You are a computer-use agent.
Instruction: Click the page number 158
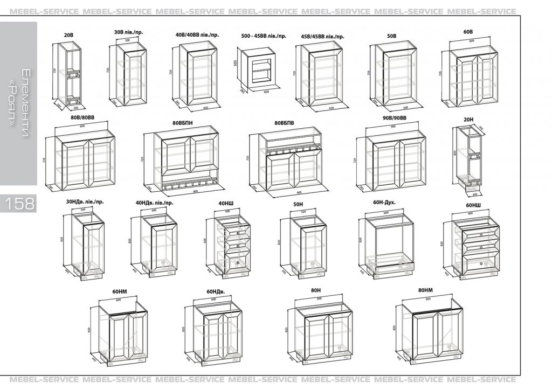[20, 203]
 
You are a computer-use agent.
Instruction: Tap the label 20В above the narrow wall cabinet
[68, 35]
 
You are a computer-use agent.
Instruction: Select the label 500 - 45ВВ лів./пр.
[264, 36]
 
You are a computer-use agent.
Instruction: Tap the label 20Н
[467, 119]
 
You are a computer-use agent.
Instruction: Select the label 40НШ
[226, 203]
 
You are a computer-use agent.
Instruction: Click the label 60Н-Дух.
[384, 203]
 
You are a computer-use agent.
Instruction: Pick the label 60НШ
[473, 205]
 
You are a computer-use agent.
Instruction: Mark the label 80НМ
[425, 290]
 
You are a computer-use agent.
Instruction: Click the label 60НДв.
[215, 291]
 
